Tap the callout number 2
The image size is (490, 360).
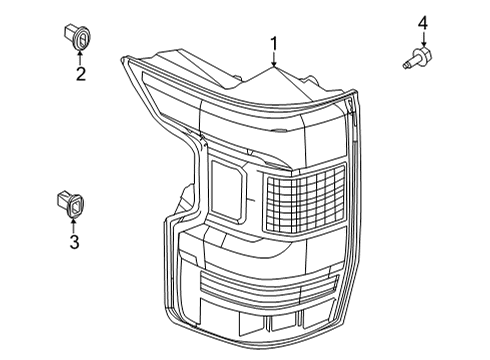pos(80,74)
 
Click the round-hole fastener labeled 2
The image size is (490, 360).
pos(79,37)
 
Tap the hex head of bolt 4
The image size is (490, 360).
pos(424,55)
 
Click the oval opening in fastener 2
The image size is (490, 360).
pos(83,37)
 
